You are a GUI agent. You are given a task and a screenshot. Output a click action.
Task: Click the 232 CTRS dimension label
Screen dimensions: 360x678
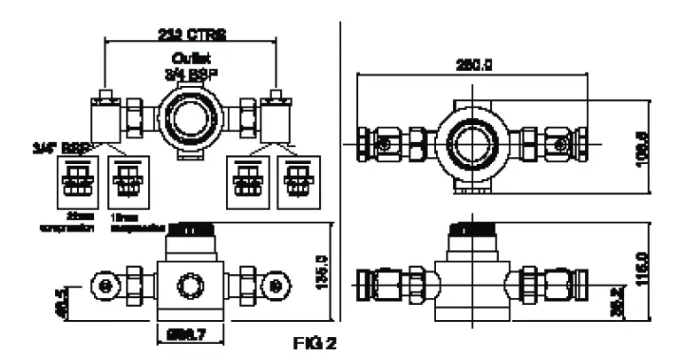click(x=191, y=35)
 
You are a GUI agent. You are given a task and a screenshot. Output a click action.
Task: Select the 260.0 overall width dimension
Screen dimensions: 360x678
click(x=474, y=63)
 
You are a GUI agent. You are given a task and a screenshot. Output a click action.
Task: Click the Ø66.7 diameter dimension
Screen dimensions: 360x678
click(x=190, y=333)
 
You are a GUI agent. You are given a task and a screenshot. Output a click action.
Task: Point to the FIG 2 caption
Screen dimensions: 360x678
click(x=316, y=340)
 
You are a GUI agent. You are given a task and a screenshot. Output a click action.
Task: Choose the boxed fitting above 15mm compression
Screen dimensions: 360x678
click(x=125, y=182)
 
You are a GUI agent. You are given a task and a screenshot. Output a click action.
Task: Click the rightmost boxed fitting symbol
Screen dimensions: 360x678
click(x=296, y=182)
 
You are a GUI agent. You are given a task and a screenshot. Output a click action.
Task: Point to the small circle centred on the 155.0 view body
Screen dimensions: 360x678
click(x=190, y=285)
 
